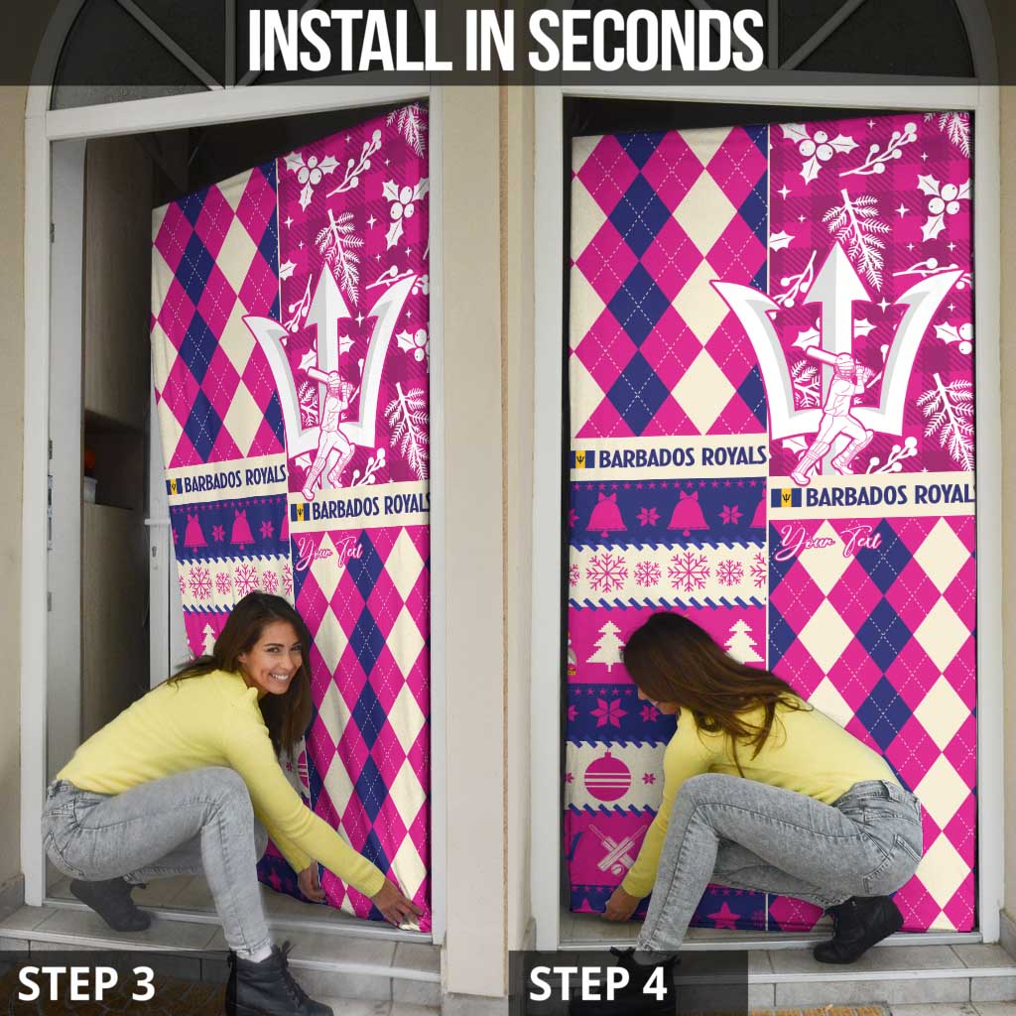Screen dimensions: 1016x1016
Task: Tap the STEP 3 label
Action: pyautogui.click(x=87, y=983)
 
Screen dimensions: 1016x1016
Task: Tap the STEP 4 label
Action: pyautogui.click(x=598, y=983)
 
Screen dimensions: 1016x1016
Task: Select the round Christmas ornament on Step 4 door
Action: pyautogui.click(x=607, y=776)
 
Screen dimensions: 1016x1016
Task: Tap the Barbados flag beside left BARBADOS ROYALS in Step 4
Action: pyautogui.click(x=584, y=459)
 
